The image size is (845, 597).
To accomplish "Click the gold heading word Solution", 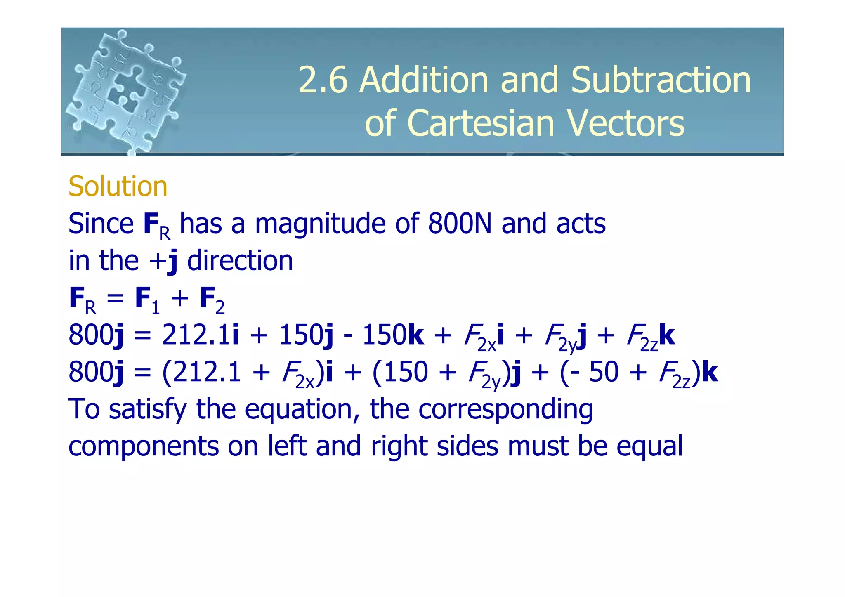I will click(x=118, y=186).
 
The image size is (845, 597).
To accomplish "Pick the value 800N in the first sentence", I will click(x=460, y=224).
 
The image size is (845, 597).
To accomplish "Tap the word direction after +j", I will click(x=240, y=261).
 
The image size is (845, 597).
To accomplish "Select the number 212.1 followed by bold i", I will click(x=196, y=335).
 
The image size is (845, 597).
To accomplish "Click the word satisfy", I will click(x=148, y=410).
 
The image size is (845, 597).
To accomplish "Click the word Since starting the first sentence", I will click(x=101, y=224).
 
